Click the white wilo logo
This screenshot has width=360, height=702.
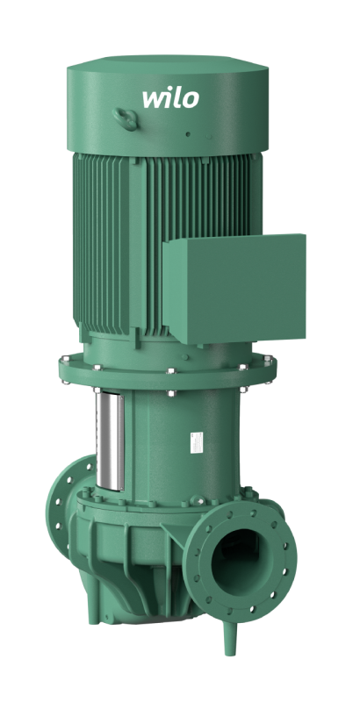coord(170,98)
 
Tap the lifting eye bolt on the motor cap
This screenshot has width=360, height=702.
coord(126,118)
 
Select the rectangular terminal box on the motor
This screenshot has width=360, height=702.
coord(234,288)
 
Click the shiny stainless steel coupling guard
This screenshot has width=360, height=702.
coord(110,441)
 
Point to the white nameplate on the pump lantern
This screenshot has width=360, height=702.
coord(197,442)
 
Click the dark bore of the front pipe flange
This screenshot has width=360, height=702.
coord(235,555)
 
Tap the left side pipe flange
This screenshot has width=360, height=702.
coord(67,505)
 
